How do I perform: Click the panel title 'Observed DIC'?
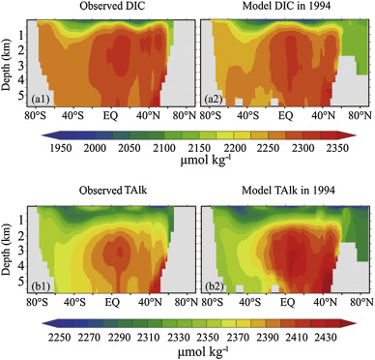[x=110, y=8]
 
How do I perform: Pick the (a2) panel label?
[x=212, y=101]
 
